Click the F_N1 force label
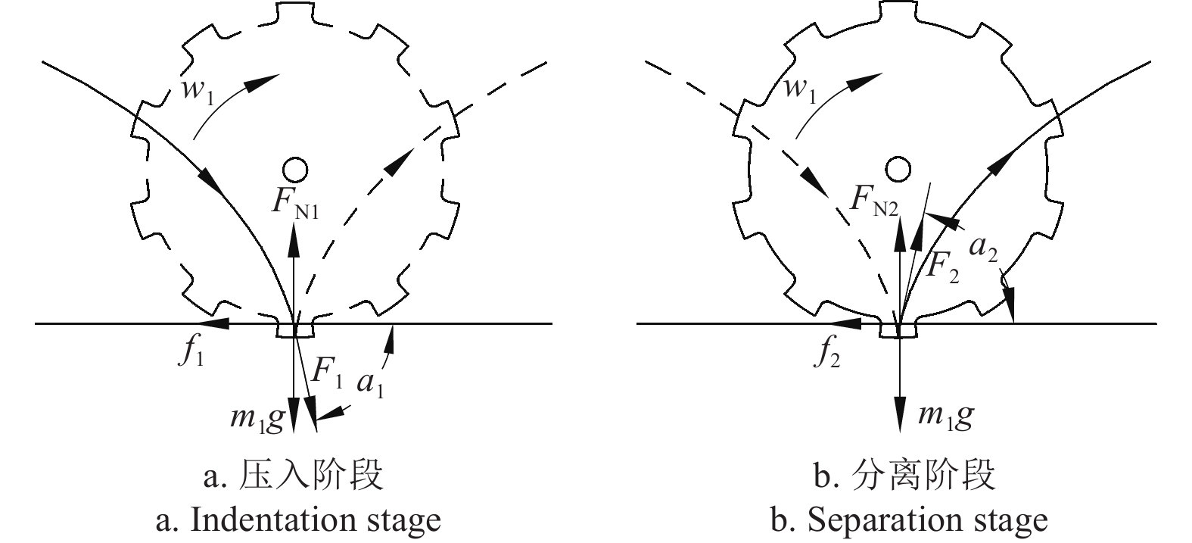297,204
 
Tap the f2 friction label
829,354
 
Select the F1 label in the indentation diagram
328,371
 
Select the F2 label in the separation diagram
943,267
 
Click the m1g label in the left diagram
258,417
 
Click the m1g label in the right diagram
945,415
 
